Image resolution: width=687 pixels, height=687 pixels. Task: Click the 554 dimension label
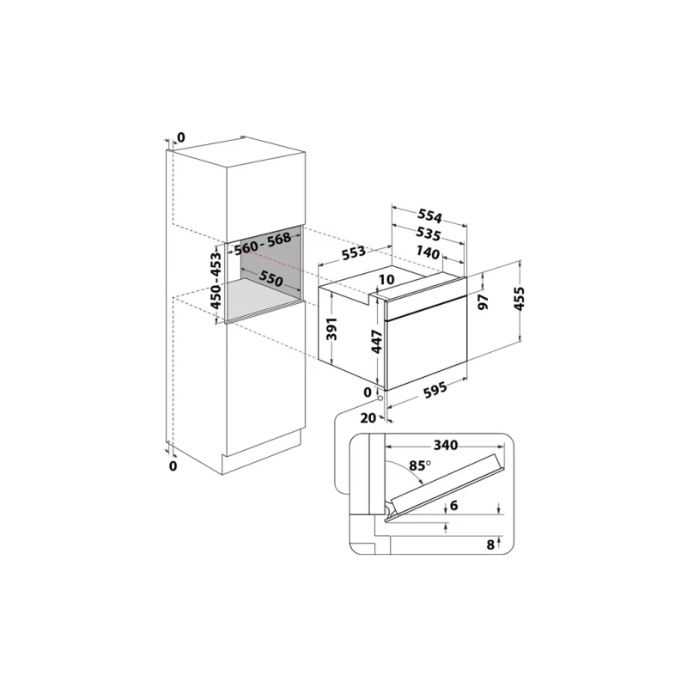pos(429,216)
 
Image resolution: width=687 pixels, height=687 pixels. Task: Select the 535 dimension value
pos(428,234)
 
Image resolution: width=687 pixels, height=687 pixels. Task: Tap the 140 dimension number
pos(428,252)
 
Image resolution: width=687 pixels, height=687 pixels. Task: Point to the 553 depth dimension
pos(353,252)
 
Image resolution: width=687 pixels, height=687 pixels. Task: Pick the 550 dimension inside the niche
pos(271,278)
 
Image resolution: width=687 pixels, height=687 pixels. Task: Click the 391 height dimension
pos(332,329)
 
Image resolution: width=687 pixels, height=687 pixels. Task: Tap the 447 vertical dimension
pos(377,342)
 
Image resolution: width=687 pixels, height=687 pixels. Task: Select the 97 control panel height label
pos(483,302)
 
